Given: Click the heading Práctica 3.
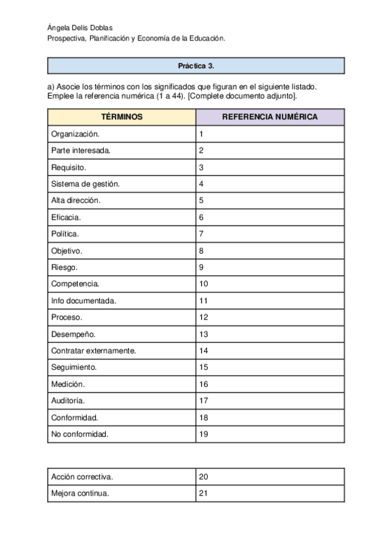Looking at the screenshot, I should (196, 66).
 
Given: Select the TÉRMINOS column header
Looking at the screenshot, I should (121, 117).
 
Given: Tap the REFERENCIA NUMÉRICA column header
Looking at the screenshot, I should (270, 117).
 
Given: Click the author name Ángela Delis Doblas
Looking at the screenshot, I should (80, 27).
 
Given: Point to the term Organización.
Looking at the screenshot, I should (75, 134).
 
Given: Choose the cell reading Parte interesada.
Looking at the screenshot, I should (81, 151).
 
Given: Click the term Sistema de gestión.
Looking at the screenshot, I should (85, 184).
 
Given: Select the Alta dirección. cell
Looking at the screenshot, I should (76, 201).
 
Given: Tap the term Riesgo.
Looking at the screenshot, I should (65, 267).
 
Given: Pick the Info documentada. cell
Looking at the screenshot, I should (84, 301).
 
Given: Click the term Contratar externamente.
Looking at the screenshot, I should (93, 351).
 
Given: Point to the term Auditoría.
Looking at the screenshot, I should (68, 400).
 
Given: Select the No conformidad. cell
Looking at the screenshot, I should (80, 434).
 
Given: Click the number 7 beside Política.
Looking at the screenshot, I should (202, 233).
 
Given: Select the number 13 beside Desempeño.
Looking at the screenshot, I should (203, 334).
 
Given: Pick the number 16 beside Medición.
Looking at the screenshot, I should (203, 384).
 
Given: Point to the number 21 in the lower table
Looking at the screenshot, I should (203, 494).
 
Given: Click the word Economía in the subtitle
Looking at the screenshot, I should (157, 38).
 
